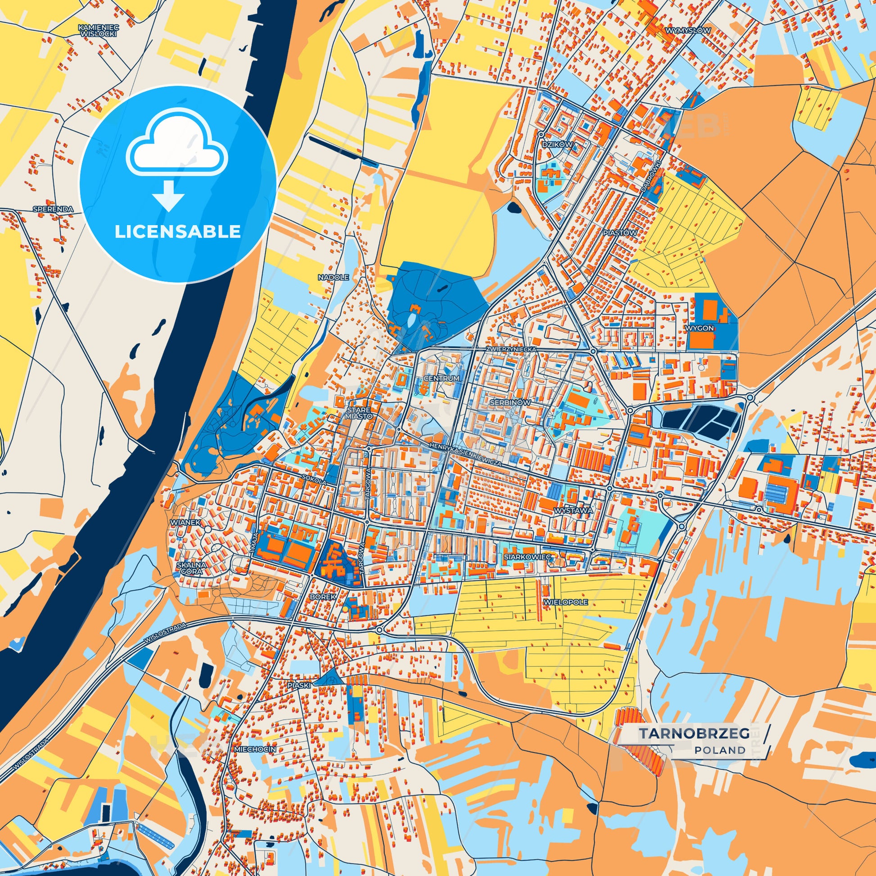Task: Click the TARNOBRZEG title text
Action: point(694,733)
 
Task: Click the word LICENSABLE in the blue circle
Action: point(177,232)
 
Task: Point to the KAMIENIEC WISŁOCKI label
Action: point(98,30)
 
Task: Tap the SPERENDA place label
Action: point(53,209)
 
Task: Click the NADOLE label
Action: point(333,277)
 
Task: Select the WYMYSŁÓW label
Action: point(688,30)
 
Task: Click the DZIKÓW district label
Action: point(557,144)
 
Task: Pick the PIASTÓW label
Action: point(620,233)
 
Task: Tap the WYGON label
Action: point(700,328)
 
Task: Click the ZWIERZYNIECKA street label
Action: point(510,350)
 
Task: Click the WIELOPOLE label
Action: point(565,602)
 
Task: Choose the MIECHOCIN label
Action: point(255,750)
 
